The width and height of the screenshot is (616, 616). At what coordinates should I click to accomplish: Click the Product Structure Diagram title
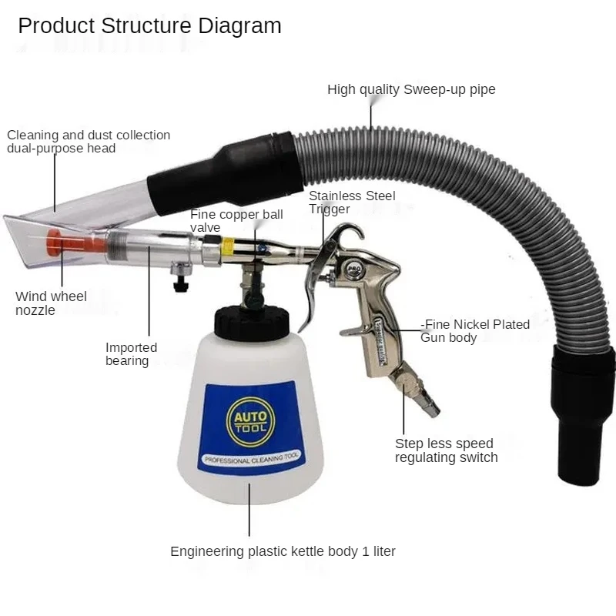point(149,25)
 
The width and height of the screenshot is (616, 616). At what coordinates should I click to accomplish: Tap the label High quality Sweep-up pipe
point(411,89)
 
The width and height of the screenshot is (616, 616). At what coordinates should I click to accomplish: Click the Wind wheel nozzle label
point(51,303)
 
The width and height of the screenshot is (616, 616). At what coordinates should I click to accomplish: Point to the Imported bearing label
point(131,354)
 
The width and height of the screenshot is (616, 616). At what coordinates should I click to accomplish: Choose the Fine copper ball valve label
point(236,220)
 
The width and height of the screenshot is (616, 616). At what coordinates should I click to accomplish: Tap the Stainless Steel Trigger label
point(352,203)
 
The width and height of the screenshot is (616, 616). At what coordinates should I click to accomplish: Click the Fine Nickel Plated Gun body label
point(475,330)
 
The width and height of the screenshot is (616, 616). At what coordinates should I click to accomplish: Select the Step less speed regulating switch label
point(446,450)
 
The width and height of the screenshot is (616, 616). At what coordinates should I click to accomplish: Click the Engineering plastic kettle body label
point(283,551)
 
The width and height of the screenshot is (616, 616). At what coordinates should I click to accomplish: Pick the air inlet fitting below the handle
point(415,393)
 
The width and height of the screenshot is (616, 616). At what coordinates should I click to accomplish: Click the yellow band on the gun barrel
point(228,246)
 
